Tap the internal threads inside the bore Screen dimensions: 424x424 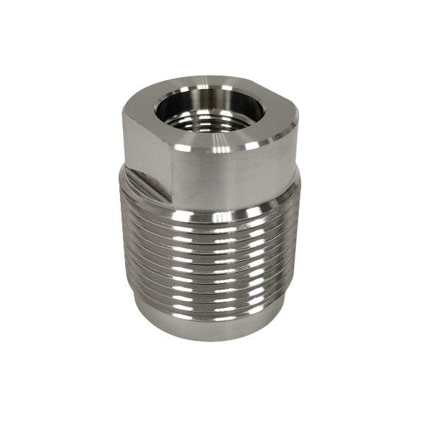[212, 126]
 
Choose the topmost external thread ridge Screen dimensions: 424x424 [212, 216]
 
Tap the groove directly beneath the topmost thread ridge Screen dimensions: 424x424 [212, 223]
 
